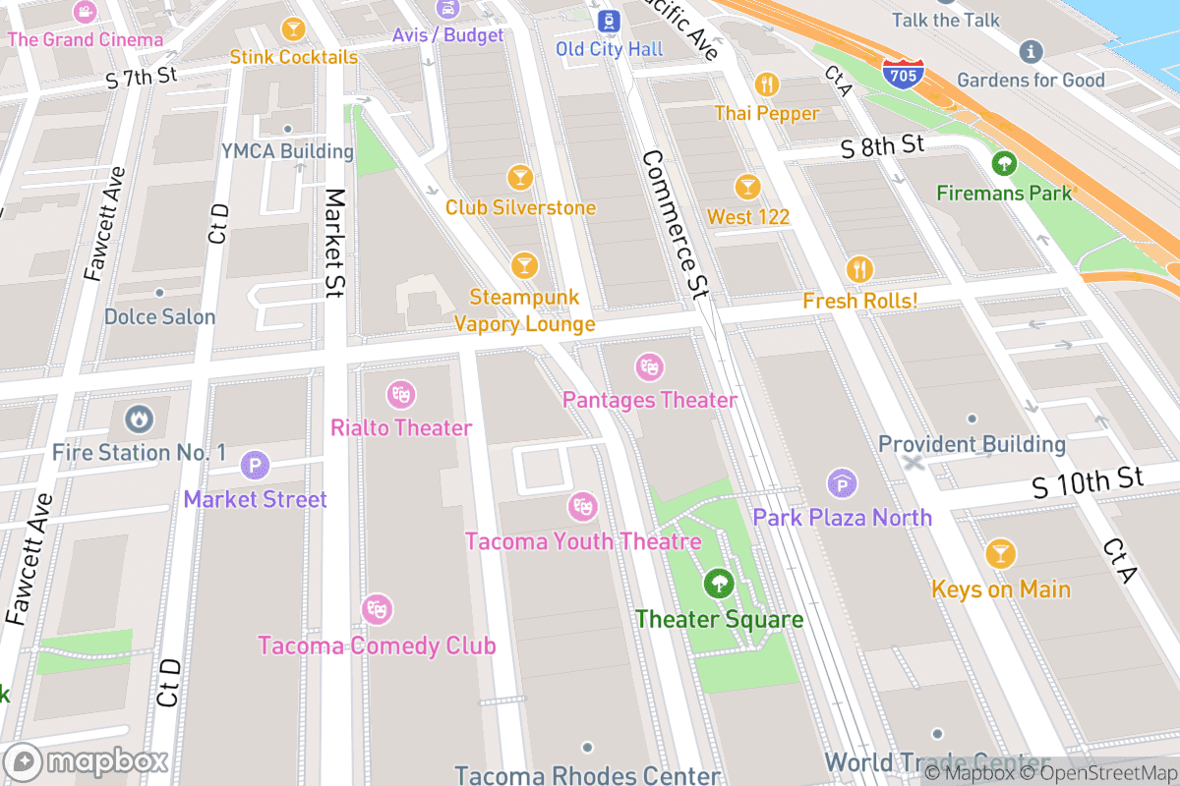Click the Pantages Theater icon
pyautogui.click(x=648, y=367)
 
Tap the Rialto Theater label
pyautogui.click(x=401, y=428)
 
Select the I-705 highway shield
pyautogui.click(x=902, y=74)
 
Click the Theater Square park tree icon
pyautogui.click(x=719, y=585)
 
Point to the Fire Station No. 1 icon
pyautogui.click(x=139, y=420)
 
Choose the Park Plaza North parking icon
pyautogui.click(x=842, y=482)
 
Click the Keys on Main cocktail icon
pyautogui.click(x=1000, y=554)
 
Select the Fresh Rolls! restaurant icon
pyautogui.click(x=859, y=268)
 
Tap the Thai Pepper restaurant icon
pyautogui.click(x=766, y=84)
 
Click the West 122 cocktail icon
pyautogui.click(x=747, y=186)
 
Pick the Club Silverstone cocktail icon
pyautogui.click(x=520, y=177)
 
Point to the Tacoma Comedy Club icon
pyautogui.click(x=377, y=610)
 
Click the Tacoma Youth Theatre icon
pyautogui.click(x=582, y=507)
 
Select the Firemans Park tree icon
pyautogui.click(x=1004, y=162)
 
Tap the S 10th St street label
pyautogui.click(x=1089, y=481)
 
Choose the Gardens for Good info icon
pyautogui.click(x=1031, y=50)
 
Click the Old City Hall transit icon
pyautogui.click(x=610, y=19)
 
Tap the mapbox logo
pyautogui.click(x=87, y=761)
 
